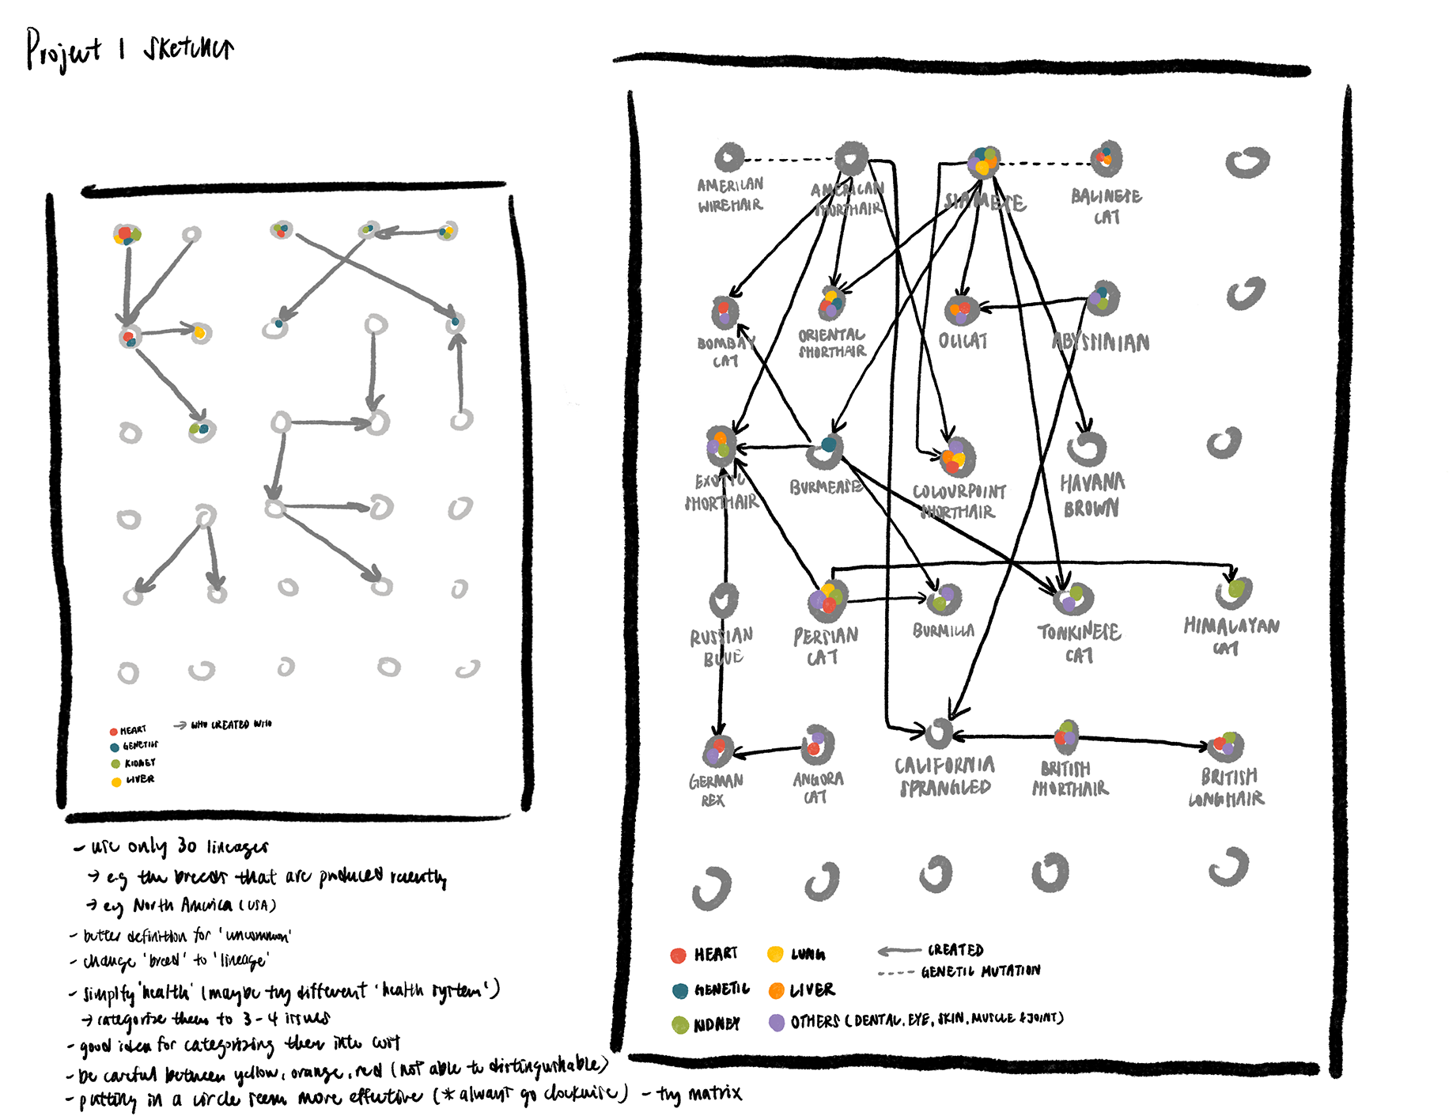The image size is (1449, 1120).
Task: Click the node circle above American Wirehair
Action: tap(729, 157)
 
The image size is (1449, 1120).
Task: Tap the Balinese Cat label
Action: tap(1106, 206)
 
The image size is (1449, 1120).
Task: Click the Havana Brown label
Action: tap(1091, 495)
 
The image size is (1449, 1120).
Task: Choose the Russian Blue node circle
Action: tap(724, 600)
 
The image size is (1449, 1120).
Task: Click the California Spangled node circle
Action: tap(940, 733)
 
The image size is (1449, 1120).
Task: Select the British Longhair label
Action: tap(1228, 787)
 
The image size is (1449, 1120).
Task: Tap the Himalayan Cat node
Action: tap(1233, 592)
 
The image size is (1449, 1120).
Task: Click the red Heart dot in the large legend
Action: tap(678, 955)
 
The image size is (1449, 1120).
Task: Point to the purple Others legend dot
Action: tap(777, 1022)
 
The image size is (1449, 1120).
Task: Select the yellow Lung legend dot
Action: tap(775, 954)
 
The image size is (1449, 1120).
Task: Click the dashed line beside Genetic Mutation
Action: tap(896, 973)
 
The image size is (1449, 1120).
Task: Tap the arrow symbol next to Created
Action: tap(899, 951)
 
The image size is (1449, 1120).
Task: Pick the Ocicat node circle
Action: tap(962, 309)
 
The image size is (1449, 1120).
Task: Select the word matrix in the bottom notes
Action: tap(714, 1093)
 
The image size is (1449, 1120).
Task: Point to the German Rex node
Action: tap(718, 750)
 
